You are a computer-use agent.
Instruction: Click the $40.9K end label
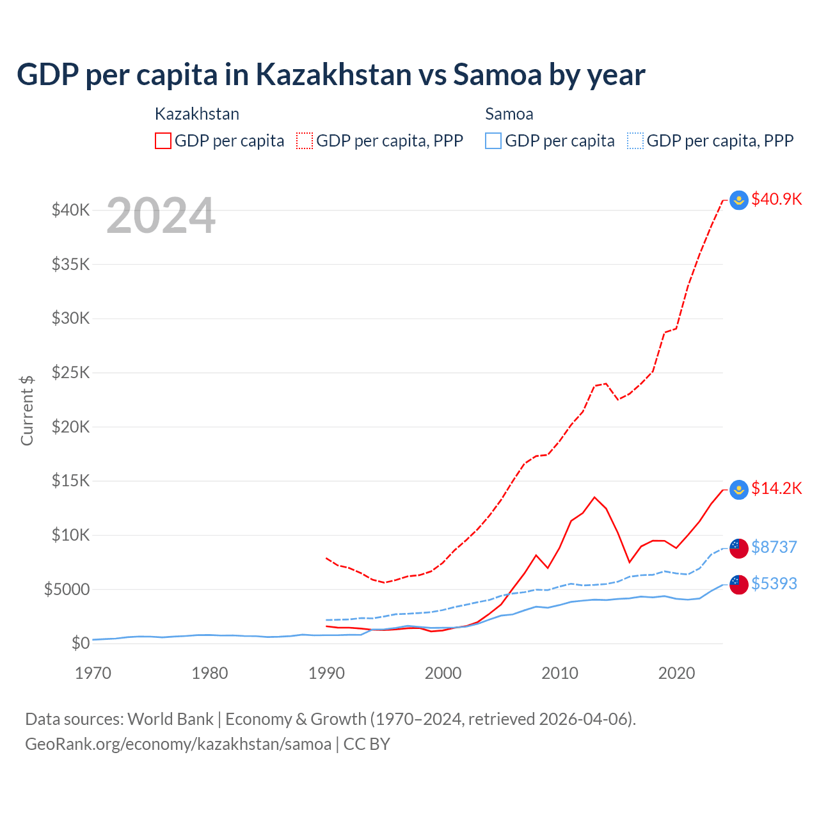776,199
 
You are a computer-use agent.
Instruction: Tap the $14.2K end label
776,489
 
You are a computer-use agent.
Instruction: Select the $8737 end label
774,547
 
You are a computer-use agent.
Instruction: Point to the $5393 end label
774,584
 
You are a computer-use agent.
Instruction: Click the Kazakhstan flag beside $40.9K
739,200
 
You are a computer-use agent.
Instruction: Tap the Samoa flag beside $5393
739,584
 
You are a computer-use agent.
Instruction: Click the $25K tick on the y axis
71,372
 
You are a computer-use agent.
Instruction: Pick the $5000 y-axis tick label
67,589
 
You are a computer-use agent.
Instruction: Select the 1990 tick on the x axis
326,673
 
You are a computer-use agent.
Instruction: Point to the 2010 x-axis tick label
560,673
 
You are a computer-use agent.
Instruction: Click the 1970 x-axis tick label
93,673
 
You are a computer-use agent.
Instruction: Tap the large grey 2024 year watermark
161,216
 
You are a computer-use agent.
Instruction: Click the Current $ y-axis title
27,410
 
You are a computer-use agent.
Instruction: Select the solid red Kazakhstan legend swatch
163,141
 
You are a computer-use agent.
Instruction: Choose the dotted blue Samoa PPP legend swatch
635,141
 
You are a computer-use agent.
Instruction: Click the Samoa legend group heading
509,115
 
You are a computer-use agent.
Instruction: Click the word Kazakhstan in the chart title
333,75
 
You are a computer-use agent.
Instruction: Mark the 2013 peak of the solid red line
594,497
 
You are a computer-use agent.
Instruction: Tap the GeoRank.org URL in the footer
178,744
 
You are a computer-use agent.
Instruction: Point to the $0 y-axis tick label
80,643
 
